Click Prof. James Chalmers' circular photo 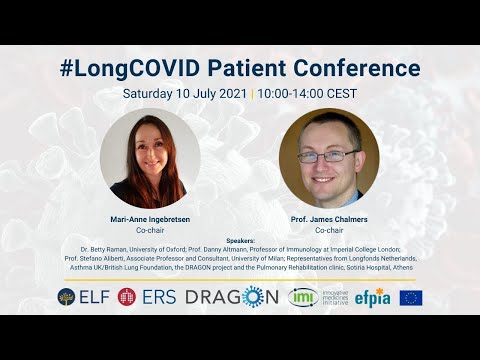coord(329,158)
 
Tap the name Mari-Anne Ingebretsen coord(150,219)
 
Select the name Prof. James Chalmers coord(329,219)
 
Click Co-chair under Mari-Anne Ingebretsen coord(150,230)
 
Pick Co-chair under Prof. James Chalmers coord(329,230)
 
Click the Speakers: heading coord(240,241)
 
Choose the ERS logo coord(146,297)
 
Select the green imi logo coord(301,297)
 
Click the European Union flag coord(411,297)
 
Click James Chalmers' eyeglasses coord(328,156)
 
